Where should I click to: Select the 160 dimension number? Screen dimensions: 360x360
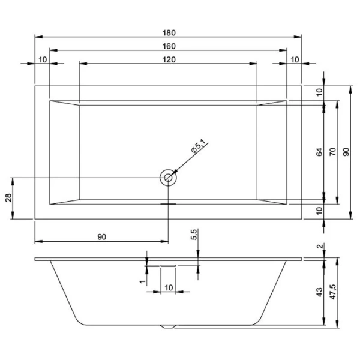[x=168, y=46]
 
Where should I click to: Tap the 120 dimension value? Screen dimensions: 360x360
[x=168, y=59]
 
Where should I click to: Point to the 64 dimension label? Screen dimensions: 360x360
[x=320, y=152]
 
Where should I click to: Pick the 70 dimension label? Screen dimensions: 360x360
[x=332, y=152]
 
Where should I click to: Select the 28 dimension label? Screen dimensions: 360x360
[x=8, y=198]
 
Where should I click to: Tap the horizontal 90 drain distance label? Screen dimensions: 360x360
[x=101, y=237]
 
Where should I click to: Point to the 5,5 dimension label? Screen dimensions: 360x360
[x=194, y=235]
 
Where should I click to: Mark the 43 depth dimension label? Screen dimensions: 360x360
[x=320, y=292]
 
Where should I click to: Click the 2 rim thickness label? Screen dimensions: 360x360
[x=320, y=247]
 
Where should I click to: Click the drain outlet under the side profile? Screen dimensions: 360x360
[x=169, y=327]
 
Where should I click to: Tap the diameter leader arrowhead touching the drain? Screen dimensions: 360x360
[x=173, y=173]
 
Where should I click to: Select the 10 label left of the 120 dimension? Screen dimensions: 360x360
[x=43, y=59]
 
